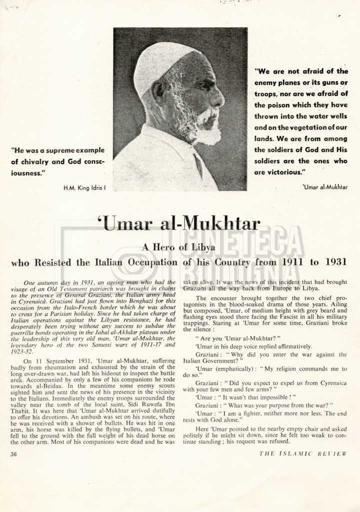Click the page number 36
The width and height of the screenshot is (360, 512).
point(13,454)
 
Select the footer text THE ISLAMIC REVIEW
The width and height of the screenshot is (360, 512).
point(302,454)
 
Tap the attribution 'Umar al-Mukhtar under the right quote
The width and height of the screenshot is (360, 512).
point(325,187)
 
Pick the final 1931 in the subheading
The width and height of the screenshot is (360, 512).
point(335,261)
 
